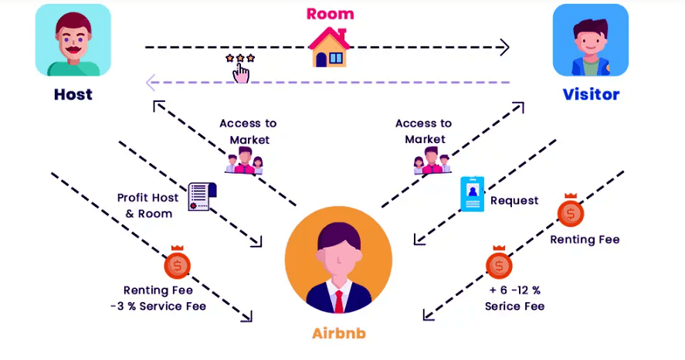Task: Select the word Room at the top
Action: [330, 14]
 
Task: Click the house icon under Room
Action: [330, 48]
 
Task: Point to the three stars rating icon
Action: [240, 59]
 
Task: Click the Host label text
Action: [73, 95]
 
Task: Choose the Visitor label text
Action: [591, 95]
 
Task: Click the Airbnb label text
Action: [338, 334]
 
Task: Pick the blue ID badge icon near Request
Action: [472, 194]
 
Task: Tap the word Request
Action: [514, 201]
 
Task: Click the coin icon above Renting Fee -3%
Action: [178, 265]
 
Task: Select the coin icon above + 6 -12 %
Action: [499, 265]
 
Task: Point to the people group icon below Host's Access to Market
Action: [245, 162]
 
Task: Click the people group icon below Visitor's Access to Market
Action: [430, 162]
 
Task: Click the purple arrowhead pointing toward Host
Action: [152, 81]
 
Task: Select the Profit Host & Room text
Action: [148, 205]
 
